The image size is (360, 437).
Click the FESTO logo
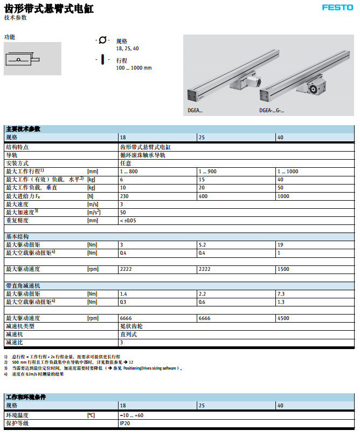tap(337, 7)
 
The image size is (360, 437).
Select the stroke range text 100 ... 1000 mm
tap(134, 68)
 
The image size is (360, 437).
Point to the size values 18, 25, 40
tap(127, 49)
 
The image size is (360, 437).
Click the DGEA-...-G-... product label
tap(272, 111)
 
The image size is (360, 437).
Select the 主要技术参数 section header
tap(23, 129)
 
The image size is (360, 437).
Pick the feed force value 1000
tap(283, 196)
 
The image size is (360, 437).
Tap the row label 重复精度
tap(17, 220)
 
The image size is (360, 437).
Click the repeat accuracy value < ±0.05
tap(128, 220)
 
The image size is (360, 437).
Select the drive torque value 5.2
tap(203, 244)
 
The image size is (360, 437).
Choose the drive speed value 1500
tap(282, 269)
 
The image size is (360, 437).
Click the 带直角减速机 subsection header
tap(23, 285)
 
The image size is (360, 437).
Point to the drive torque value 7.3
tap(281, 293)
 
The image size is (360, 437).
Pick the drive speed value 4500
tap(282, 318)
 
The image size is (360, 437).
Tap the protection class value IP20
tap(124, 424)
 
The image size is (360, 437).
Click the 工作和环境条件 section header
tap(25, 397)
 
